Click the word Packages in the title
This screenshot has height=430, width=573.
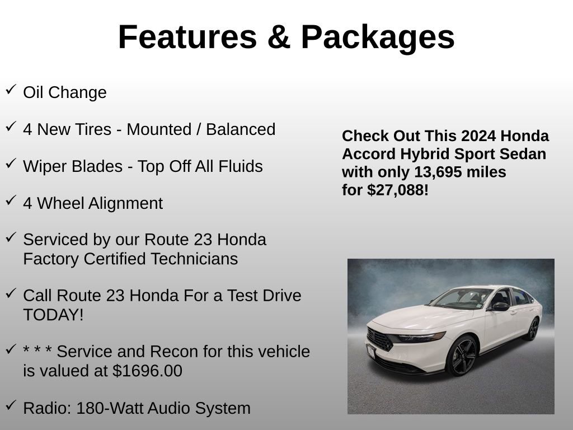click(x=378, y=38)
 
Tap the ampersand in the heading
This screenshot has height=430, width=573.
click(x=278, y=38)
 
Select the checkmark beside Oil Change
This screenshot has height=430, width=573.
click(x=11, y=90)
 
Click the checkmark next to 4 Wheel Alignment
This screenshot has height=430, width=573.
click(x=11, y=200)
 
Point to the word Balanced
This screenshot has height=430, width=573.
click(x=241, y=129)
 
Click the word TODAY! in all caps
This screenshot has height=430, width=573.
click(x=53, y=315)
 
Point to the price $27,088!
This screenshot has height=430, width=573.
click(x=398, y=190)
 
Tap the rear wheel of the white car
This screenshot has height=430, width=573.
click(x=532, y=329)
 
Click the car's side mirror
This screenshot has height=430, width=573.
click(x=500, y=306)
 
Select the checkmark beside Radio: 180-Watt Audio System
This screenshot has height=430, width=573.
click(x=11, y=405)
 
